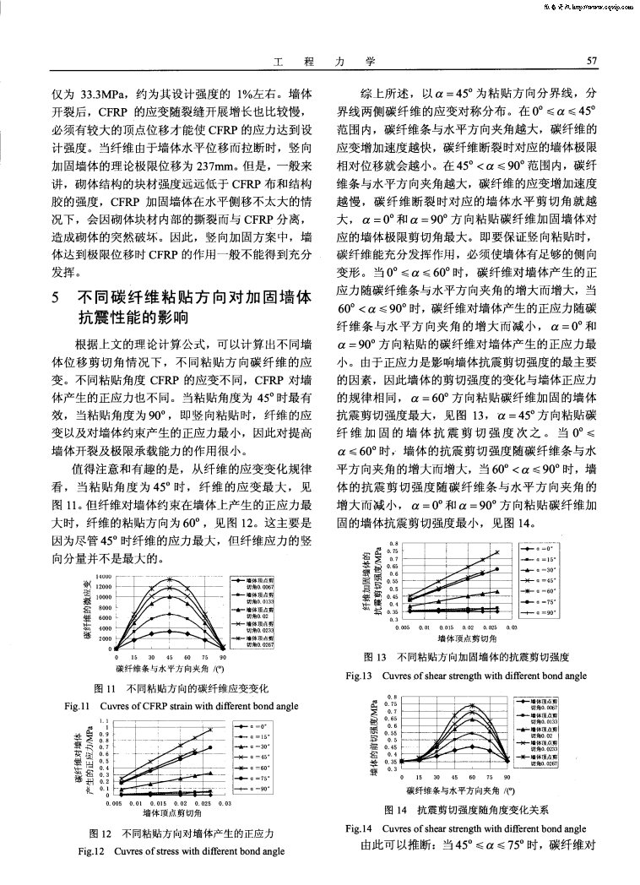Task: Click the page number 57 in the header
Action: coord(591,61)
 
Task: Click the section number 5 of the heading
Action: coord(55,298)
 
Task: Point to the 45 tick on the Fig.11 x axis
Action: coord(171,656)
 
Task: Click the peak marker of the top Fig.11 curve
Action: coord(171,579)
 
